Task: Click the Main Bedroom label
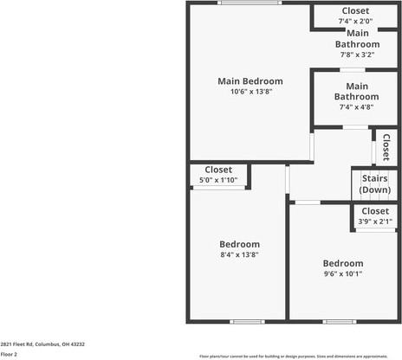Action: click(250, 81)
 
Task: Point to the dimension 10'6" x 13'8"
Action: click(250, 92)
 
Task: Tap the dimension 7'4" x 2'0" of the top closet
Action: click(355, 21)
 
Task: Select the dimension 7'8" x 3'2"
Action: click(357, 55)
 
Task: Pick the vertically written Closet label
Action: click(386, 146)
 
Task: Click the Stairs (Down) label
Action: click(375, 184)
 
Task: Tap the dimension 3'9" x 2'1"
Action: click(375, 221)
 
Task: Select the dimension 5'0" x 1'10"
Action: click(218, 179)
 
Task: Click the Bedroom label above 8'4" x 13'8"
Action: click(239, 244)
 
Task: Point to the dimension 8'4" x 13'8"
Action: click(239, 254)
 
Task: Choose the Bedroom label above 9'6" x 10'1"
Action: click(343, 263)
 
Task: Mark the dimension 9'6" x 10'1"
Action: click(343, 273)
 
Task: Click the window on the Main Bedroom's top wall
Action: click(249, 3)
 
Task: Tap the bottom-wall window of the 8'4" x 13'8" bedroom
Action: click(247, 322)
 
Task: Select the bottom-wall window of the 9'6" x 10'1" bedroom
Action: click(340, 322)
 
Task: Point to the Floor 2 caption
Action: click(10, 354)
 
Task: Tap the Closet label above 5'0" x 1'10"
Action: click(218, 170)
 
